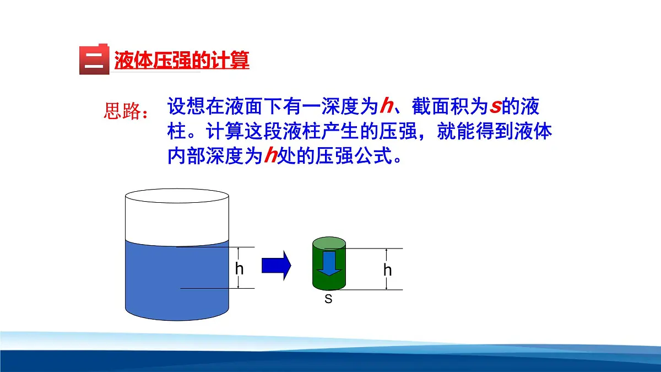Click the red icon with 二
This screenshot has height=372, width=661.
click(94, 59)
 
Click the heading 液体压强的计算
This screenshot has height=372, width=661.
click(182, 60)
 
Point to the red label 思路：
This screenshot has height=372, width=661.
click(126, 112)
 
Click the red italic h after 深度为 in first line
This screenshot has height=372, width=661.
click(386, 105)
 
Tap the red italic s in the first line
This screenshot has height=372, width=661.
click(495, 106)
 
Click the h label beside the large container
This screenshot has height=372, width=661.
click(239, 269)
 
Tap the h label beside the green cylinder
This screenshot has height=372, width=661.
click(388, 271)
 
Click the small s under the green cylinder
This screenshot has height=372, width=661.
click(328, 299)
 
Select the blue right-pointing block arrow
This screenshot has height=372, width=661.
click(275, 266)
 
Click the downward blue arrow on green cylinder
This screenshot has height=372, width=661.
click(328, 262)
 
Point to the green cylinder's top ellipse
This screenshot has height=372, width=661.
click(329, 243)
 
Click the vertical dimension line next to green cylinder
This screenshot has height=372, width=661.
click(387, 259)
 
